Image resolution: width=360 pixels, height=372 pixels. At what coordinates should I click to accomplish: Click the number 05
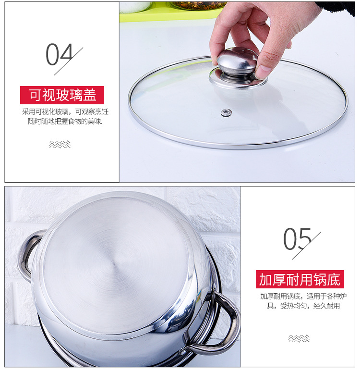pos(297,239)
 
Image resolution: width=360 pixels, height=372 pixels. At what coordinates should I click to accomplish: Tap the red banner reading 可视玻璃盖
pos(62,95)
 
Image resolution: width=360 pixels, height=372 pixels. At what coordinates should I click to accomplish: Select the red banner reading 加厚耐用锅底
pos(300,279)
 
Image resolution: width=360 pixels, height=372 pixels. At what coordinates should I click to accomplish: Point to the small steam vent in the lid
pos(226,112)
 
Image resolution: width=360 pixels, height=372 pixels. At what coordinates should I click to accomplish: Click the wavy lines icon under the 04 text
pos(60,144)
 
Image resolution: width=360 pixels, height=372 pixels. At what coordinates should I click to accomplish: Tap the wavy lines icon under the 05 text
pos(299,338)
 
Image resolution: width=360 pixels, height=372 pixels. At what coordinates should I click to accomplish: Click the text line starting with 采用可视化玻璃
pos(65,112)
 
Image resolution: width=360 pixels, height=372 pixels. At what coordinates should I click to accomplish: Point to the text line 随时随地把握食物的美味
pos(65,122)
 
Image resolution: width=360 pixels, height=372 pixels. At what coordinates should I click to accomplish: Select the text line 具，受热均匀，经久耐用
pos(303,306)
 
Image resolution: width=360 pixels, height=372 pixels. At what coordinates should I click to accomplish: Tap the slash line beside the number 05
pos(309,244)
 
